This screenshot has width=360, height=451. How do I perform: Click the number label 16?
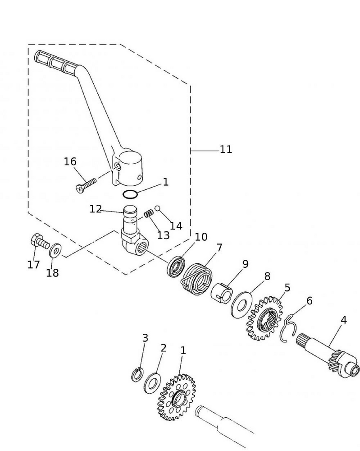pyautogui.click(x=70, y=161)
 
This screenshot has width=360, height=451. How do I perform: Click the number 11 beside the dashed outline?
pyautogui.click(x=226, y=149)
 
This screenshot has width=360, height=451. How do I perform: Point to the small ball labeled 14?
pyautogui.click(x=158, y=208)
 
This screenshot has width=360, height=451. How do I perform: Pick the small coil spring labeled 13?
pyautogui.click(x=149, y=213)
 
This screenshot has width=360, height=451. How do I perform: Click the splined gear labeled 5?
pyautogui.click(x=264, y=318)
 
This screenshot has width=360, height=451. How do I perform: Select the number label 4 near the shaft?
pyautogui.click(x=344, y=320)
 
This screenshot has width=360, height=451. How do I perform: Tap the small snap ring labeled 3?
pyautogui.click(x=137, y=374)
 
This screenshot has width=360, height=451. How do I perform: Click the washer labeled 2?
pyautogui.click(x=151, y=382)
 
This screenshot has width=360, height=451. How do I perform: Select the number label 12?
pyautogui.click(x=96, y=209)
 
